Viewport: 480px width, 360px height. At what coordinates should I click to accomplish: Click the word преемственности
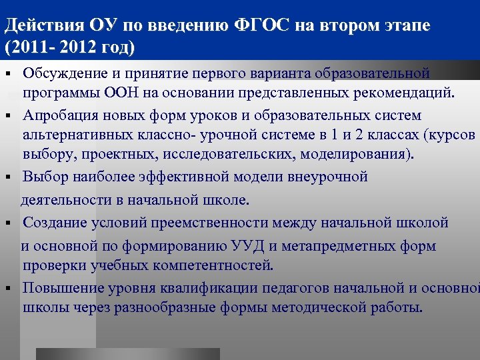coord(235,222)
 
